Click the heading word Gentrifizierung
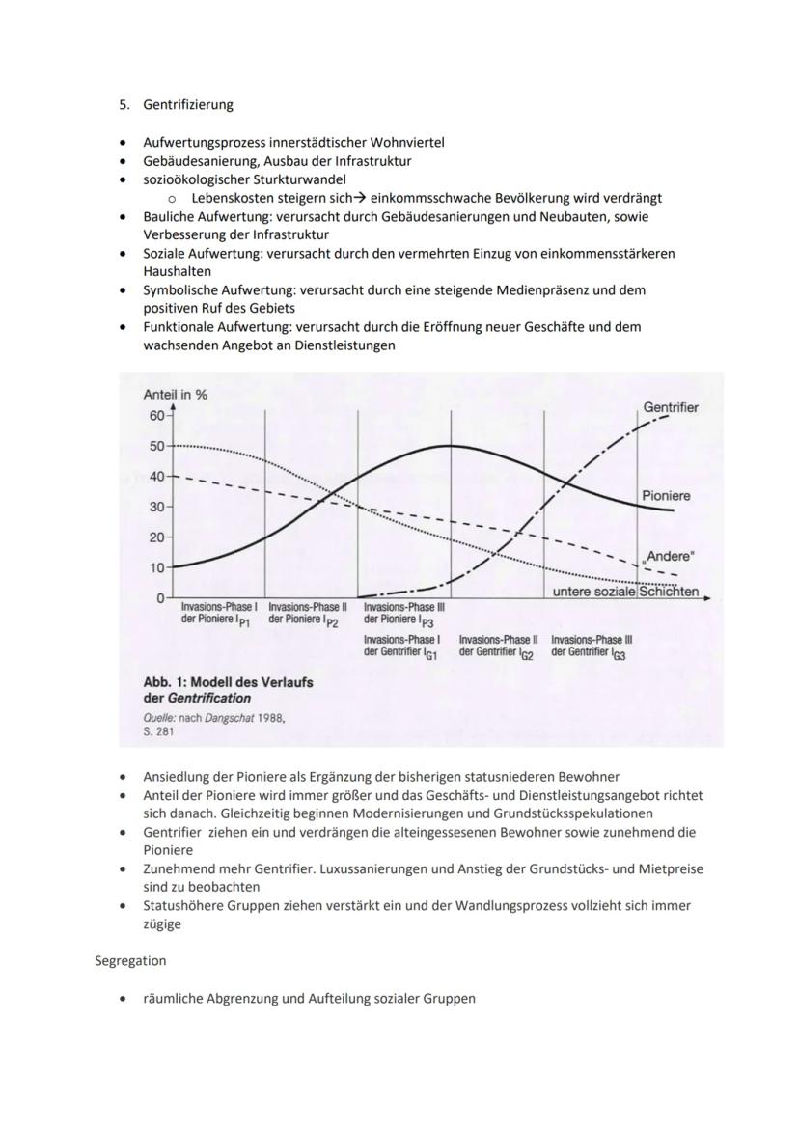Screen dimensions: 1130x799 pyautogui.click(x=188, y=104)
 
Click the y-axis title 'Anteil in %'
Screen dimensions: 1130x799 pyautogui.click(x=176, y=395)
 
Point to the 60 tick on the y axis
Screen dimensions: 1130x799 pyautogui.click(x=155, y=415)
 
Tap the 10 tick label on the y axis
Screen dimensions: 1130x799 pyautogui.click(x=155, y=567)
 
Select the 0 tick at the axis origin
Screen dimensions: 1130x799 pyautogui.click(x=159, y=598)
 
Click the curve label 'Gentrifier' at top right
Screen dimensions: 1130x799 pyautogui.click(x=671, y=407)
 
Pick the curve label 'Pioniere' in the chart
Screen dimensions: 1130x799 pyautogui.click(x=666, y=495)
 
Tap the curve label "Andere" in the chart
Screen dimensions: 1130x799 pyautogui.click(x=668, y=557)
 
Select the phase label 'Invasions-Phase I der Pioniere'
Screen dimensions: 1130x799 pyautogui.click(x=219, y=614)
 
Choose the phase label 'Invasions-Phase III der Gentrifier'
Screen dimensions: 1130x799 pyautogui.click(x=592, y=646)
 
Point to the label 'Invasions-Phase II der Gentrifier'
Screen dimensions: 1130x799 pyautogui.click(x=499, y=646)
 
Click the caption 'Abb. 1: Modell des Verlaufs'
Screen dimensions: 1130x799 pyautogui.click(x=228, y=682)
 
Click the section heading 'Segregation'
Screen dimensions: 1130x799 pyautogui.click(x=130, y=960)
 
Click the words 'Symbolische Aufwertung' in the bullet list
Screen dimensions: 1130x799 pyautogui.click(x=218, y=289)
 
